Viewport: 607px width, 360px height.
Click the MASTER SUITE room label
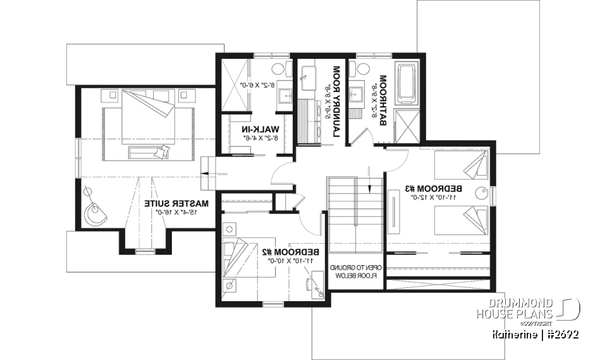pyautogui.click(x=176, y=204)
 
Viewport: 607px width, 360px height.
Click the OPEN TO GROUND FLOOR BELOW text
pyautogui.click(x=355, y=271)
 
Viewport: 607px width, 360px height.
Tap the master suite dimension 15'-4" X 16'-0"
pyautogui.click(x=176, y=213)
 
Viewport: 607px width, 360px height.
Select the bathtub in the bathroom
pyautogui.click(x=404, y=82)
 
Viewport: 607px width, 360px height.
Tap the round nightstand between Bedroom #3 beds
pyautogui.click(x=482, y=193)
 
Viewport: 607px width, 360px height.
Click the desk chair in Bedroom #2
pyautogui.click(x=317, y=285)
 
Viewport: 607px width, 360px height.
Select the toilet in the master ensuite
pyautogui.click(x=278, y=70)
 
